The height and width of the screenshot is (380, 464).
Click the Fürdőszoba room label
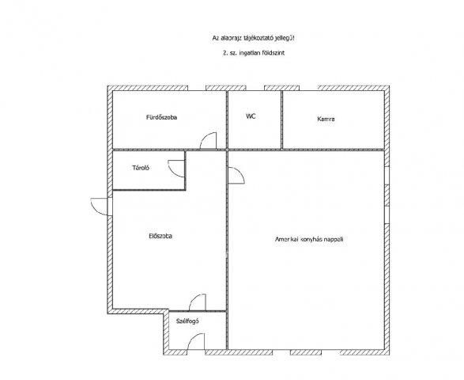[161, 117]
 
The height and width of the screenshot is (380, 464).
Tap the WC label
[251, 116]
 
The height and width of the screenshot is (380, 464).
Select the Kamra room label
[326, 120]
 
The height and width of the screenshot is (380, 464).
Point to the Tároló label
[141, 168]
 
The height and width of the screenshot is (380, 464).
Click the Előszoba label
[160, 236]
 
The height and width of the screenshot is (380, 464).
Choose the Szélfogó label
[187, 321]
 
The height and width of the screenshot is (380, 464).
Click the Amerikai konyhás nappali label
[309, 239]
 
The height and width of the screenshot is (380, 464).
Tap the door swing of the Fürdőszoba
[209, 140]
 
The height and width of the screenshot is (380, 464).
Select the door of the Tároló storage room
[176, 169]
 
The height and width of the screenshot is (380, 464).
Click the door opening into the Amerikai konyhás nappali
[236, 176]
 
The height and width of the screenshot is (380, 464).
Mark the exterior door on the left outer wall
[100, 207]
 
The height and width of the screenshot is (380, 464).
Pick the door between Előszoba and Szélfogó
[198, 302]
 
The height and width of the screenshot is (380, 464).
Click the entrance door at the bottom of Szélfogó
[196, 341]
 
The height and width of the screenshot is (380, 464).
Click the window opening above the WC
[255, 88]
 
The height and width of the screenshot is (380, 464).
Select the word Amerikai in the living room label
[286, 239]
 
